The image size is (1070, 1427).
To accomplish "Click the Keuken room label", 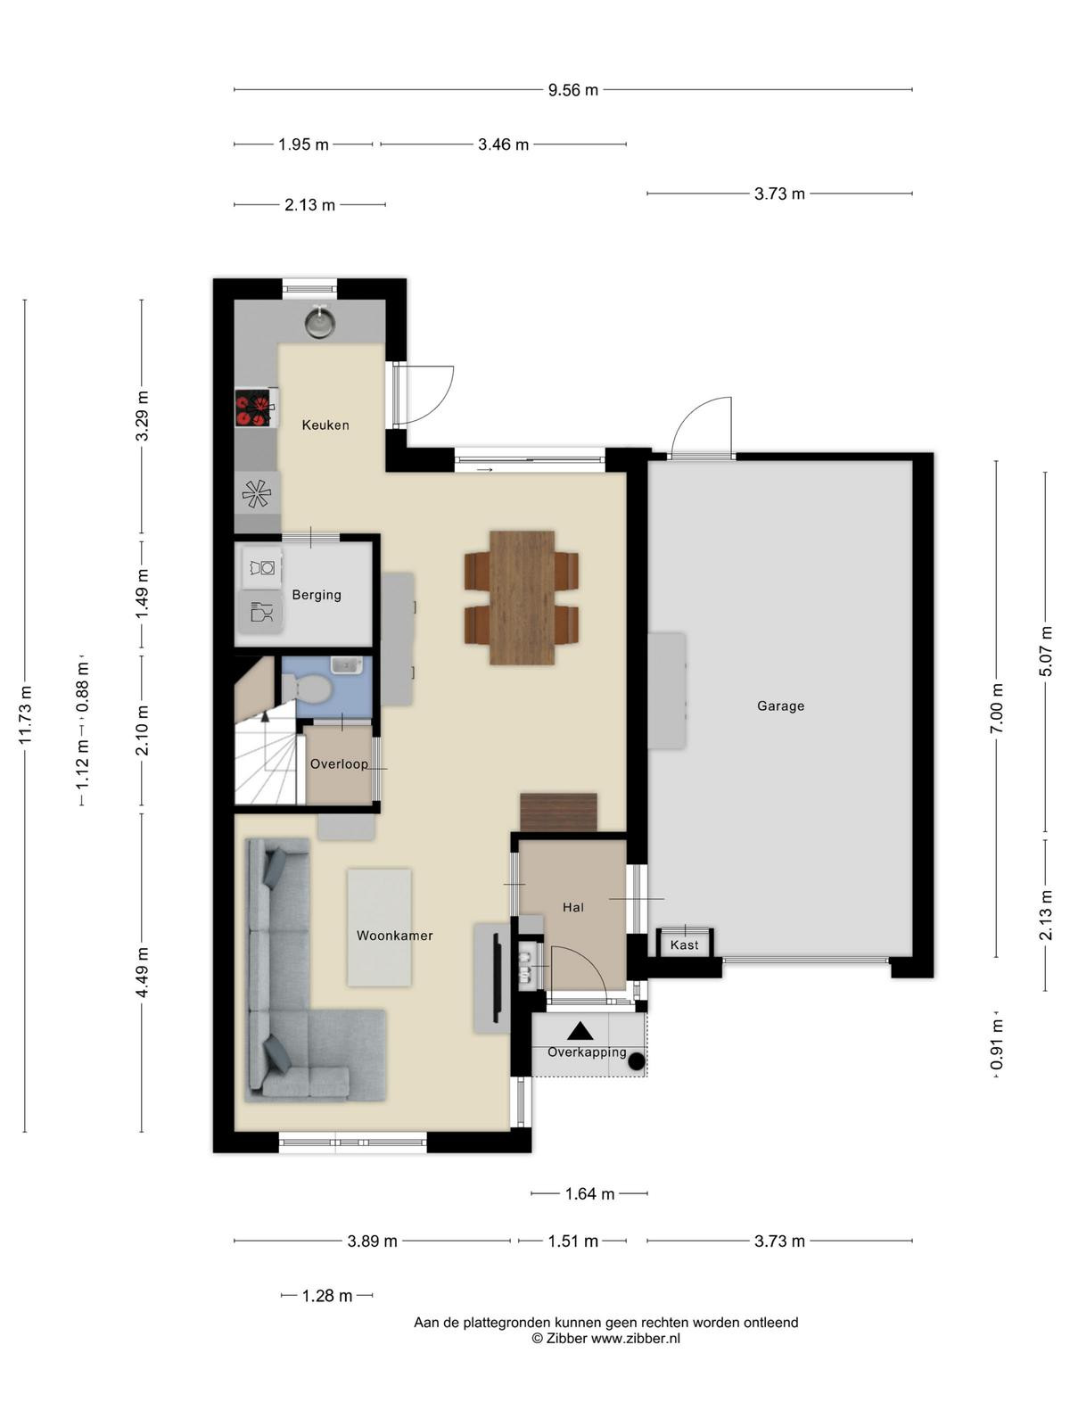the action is coord(325,425).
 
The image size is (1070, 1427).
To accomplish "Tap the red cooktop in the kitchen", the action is coord(253,408).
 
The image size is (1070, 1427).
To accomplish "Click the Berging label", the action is coord(317,595).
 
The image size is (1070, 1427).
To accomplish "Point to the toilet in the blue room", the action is coord(306,688).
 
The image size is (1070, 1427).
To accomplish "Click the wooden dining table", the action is coord(522,598).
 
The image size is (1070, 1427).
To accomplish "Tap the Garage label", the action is coord(780,705).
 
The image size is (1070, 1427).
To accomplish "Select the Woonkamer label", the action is coord(394,936).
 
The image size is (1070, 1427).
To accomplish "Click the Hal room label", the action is coord(573,907).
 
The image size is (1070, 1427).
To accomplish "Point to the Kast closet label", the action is coord(684,944).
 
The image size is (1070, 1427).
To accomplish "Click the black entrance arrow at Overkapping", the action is coord(580,1031).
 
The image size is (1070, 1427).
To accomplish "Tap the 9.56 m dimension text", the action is coord(573,90).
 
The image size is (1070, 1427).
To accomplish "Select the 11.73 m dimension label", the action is coord(25,714).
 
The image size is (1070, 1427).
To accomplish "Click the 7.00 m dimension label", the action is coord(997,708).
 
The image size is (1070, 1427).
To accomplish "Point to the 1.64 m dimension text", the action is coord(589,1193).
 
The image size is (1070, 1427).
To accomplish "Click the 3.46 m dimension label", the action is coord(503,144).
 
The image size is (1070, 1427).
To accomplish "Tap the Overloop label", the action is coord(339,763).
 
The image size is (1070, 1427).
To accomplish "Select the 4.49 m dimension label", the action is coord(143,972).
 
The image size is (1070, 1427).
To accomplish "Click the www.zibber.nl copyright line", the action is coord(606,1338).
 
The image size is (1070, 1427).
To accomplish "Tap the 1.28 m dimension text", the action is coord(326,1296).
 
